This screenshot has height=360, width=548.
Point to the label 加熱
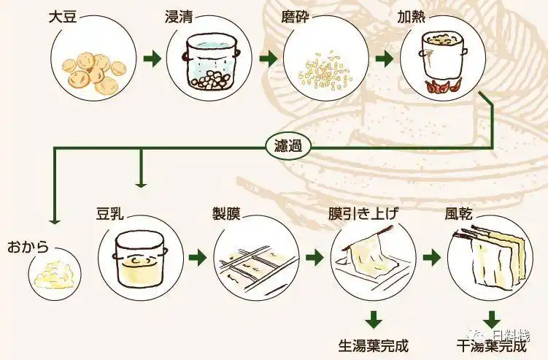(x=412, y=16)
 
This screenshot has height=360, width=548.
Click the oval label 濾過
(x=288, y=147)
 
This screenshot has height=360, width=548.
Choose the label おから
(x=28, y=248)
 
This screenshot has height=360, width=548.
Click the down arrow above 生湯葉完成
(x=374, y=319)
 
